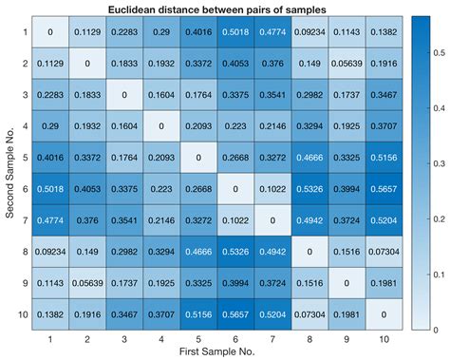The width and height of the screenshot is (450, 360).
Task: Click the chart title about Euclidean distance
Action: (x=216, y=9)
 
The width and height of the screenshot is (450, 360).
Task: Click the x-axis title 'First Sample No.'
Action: (x=216, y=352)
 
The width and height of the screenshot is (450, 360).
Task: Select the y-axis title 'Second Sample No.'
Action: (x=8, y=173)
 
